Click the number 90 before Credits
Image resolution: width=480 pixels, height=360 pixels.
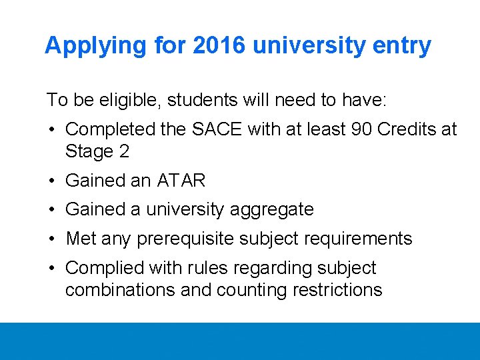[359, 129]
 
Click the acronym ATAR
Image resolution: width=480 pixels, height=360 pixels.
[181, 181]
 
